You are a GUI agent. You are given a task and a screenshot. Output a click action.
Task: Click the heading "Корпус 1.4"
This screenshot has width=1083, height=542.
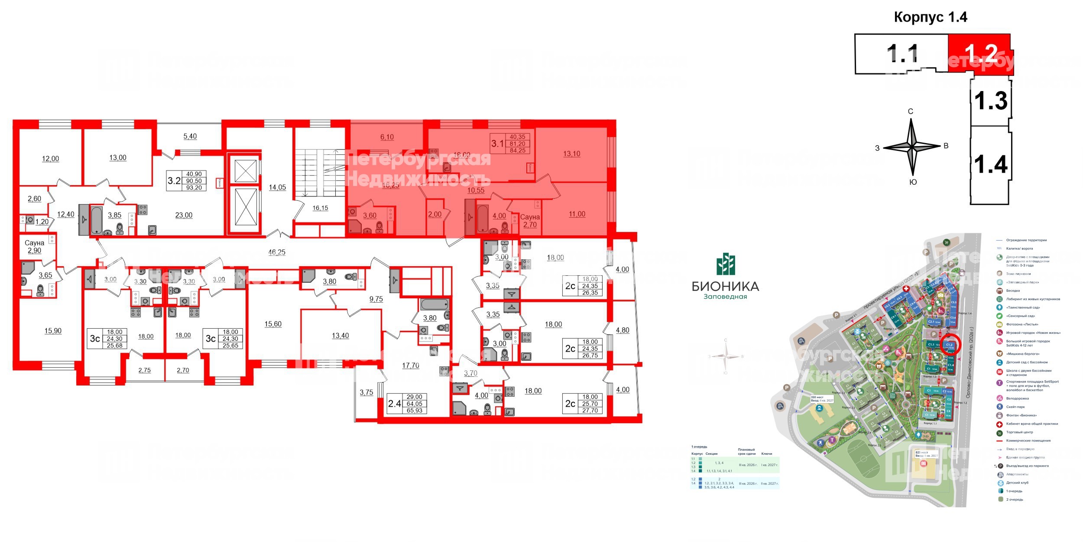[x=931, y=17]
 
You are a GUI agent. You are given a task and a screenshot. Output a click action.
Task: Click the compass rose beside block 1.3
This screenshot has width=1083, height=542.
[x=912, y=147]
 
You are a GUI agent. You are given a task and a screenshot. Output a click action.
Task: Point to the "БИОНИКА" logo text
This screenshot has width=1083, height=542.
[x=725, y=286]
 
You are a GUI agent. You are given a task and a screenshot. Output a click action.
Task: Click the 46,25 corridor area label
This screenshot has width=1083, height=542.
[x=277, y=252]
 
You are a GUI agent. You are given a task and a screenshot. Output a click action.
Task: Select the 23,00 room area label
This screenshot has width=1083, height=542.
[x=184, y=215]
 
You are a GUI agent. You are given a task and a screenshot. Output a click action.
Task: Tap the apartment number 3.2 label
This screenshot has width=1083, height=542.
[x=174, y=180]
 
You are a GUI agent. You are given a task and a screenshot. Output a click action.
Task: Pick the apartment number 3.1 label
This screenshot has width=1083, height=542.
[x=497, y=143]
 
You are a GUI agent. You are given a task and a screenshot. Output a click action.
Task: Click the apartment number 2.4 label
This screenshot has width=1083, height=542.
[x=395, y=404]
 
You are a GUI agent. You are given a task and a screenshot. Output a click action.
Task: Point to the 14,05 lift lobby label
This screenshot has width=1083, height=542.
[x=277, y=187]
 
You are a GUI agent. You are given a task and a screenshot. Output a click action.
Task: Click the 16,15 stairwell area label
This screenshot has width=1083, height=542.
[x=320, y=208]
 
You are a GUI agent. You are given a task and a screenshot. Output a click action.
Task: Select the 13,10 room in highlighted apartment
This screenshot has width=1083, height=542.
[x=571, y=154]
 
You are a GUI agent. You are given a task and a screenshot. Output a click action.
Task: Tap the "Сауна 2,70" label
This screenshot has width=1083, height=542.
[x=530, y=221]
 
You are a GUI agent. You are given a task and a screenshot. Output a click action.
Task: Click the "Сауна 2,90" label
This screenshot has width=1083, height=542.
[x=34, y=247]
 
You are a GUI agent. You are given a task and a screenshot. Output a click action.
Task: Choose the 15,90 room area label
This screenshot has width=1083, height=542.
[x=53, y=331]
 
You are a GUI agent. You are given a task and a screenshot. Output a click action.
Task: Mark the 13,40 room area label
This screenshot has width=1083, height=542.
[x=340, y=336]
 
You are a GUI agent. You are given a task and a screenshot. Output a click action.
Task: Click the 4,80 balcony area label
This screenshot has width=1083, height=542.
[x=622, y=330]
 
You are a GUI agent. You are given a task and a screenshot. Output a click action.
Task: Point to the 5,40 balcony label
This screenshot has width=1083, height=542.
[x=190, y=136]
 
